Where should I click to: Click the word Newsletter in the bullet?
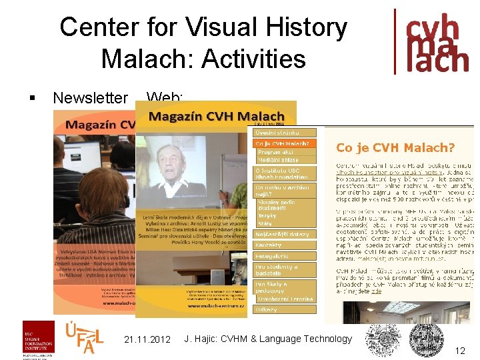click(90, 98)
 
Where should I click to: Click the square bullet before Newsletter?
click(32, 98)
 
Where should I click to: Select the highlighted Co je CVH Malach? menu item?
click(284, 143)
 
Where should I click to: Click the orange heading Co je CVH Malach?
click(395, 148)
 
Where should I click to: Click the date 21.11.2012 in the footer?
click(147, 339)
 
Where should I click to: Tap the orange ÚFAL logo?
click(84, 337)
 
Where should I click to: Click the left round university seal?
click(383, 339)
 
